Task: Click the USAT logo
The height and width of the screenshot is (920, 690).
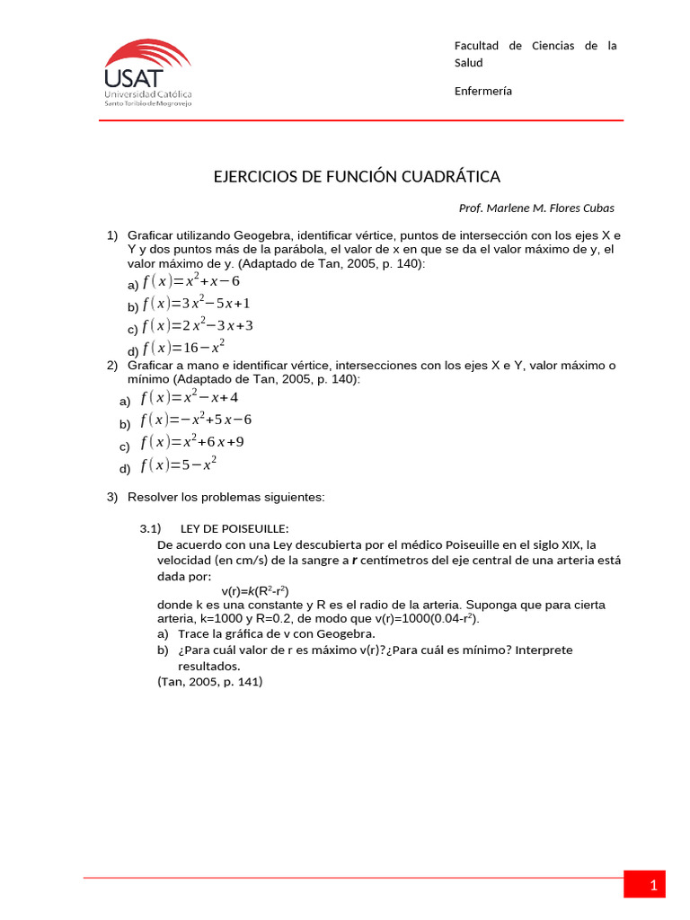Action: [147, 73]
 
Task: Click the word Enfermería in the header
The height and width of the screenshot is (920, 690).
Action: [483, 91]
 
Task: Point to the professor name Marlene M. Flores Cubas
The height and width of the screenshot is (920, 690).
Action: [536, 208]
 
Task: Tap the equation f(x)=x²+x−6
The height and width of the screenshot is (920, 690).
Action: [191, 281]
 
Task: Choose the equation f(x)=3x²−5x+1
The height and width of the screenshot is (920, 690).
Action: [196, 304]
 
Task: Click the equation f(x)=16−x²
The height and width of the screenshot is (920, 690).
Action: [183, 347]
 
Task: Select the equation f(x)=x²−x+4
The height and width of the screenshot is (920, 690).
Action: [190, 398]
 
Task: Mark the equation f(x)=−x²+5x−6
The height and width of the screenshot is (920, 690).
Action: [196, 420]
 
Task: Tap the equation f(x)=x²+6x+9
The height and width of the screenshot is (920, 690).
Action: [192, 442]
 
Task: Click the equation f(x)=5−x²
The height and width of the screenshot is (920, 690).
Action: [179, 464]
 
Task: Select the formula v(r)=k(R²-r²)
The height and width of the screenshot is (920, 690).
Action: [255, 590]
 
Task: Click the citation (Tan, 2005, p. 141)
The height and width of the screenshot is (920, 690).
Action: [209, 682]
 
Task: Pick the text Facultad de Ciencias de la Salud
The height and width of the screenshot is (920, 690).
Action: [535, 54]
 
